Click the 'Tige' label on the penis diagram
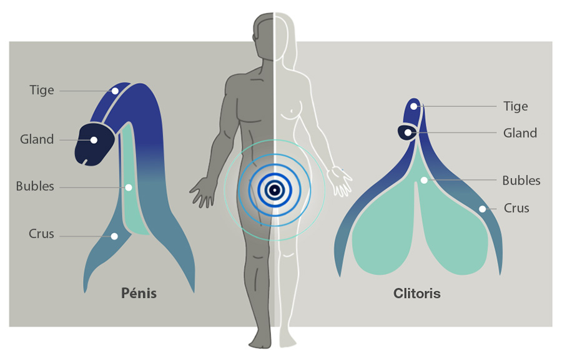pyautogui.click(x=42, y=90)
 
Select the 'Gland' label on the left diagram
pyautogui.click(x=37, y=139)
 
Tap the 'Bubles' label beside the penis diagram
pyautogui.click(x=35, y=186)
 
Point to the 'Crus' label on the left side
pyautogui.click(x=41, y=234)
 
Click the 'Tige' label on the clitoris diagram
pyautogui.click(x=515, y=106)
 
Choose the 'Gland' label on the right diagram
pyautogui.click(x=520, y=133)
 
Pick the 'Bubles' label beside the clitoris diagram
pyautogui.click(x=521, y=181)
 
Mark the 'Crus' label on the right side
pyautogui.click(x=516, y=208)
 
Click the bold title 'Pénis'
pyautogui.click(x=139, y=293)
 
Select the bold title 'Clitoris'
pyautogui.click(x=417, y=293)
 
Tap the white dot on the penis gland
pyautogui.click(x=94, y=140)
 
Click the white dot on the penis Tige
pyautogui.click(x=115, y=91)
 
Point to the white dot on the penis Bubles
pyautogui.click(x=128, y=187)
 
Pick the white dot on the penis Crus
pyautogui.click(x=114, y=236)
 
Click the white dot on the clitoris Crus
pyautogui.click(x=483, y=209)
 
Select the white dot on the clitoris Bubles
pyautogui.click(x=424, y=181)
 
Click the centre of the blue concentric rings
pyautogui.click(x=275, y=190)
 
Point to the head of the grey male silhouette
pyautogui.click(x=264, y=35)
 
